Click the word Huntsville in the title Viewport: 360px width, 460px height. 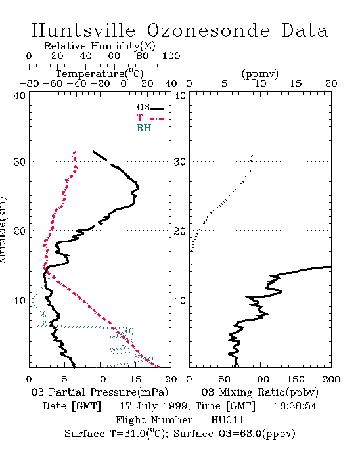83,30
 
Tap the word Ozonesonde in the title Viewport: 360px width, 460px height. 208,30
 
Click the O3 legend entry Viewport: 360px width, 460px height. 150,108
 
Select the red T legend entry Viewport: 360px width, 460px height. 150,118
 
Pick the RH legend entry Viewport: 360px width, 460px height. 150,128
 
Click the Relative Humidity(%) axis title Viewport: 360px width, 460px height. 100,46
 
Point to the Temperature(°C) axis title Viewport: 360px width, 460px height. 100,74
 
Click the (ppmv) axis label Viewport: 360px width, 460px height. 260,74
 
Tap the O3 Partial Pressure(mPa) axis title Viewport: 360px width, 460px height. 100,392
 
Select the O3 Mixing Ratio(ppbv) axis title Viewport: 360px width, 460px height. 259,392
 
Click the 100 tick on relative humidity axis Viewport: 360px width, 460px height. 171,56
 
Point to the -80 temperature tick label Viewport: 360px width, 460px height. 29,83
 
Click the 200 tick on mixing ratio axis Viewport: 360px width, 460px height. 331,379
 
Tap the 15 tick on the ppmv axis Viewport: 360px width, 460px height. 296,83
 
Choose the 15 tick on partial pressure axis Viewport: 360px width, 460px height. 135,379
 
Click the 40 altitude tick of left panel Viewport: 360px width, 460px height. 20,95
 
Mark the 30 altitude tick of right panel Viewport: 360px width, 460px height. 180,162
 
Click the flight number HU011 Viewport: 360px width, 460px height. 227,420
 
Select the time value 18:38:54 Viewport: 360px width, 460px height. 296,406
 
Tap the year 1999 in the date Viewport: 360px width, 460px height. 175,406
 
